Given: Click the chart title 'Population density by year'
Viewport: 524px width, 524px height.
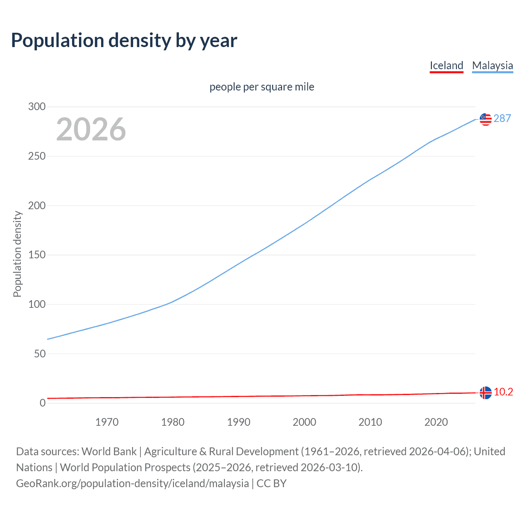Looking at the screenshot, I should click(x=124, y=41).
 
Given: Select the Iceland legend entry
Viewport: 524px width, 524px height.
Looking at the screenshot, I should click(x=446, y=65).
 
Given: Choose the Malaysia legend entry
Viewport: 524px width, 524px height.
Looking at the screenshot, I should click(x=492, y=65).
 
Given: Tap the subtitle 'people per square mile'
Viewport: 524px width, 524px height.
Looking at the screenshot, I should click(x=262, y=87).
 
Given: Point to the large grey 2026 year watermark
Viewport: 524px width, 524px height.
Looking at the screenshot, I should click(x=91, y=129).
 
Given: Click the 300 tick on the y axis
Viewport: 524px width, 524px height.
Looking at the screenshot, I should click(x=37, y=107).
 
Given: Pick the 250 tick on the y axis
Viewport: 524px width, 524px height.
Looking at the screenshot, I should click(x=37, y=156).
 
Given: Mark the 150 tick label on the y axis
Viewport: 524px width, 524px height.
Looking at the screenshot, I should click(x=37, y=255).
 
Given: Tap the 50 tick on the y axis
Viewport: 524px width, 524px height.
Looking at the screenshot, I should click(x=40, y=354).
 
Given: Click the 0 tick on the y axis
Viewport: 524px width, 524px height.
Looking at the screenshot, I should click(x=43, y=403).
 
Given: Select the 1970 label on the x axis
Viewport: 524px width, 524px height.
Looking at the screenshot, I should click(x=107, y=422).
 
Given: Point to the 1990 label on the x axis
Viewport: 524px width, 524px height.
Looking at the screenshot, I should click(x=239, y=422).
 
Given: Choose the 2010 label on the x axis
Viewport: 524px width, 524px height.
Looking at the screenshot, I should click(x=370, y=422).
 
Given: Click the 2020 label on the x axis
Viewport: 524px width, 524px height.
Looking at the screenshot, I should click(x=436, y=422).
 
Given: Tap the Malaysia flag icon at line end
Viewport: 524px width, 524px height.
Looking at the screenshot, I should click(x=486, y=119).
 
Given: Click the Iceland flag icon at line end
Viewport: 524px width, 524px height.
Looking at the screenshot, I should click(x=486, y=393).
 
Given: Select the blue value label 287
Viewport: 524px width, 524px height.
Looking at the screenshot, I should click(x=502, y=119).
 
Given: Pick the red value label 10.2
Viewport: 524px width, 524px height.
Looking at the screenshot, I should click(x=503, y=392).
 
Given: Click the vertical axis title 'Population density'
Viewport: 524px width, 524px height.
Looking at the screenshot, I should click(x=17, y=254).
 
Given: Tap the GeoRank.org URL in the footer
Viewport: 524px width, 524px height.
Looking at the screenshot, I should click(x=132, y=483).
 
